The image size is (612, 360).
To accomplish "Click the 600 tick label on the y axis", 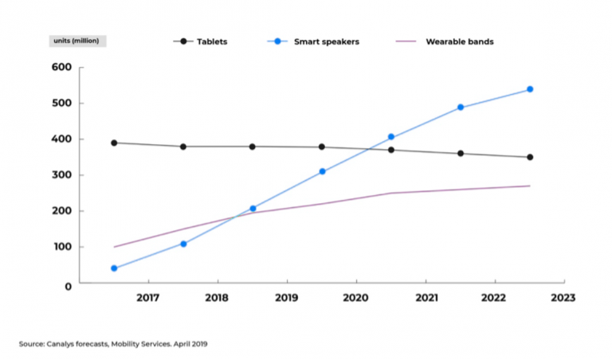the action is [61, 67].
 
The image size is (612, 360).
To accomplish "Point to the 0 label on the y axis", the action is [69, 287].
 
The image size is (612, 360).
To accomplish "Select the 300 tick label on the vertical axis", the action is [61, 175].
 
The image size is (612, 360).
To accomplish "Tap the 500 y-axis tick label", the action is [61, 103].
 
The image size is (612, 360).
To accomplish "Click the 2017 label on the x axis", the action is [148, 298].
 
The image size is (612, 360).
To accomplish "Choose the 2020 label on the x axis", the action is [355, 298].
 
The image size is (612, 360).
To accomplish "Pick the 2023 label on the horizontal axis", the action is [563, 298].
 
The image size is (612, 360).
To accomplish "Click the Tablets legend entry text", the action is [212, 41].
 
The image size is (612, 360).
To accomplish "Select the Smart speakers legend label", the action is [327, 41].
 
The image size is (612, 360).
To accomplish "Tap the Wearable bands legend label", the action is [460, 41].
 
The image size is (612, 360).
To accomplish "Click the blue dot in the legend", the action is [277, 41].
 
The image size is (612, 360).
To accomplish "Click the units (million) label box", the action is [77, 41].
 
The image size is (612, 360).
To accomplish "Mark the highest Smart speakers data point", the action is [530, 89].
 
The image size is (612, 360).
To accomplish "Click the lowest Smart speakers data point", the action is [114, 268].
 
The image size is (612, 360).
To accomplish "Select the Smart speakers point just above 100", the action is [183, 245].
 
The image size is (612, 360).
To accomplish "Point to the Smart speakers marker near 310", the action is [322, 171].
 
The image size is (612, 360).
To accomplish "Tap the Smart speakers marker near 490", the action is [461, 108].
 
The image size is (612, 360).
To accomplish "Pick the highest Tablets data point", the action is [114, 143].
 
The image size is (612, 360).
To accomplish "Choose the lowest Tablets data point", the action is [530, 157].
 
